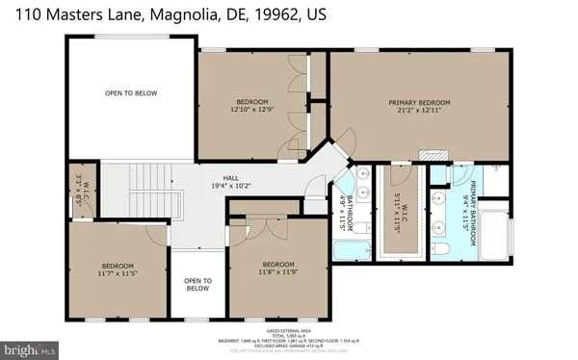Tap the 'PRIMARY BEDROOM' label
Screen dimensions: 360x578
tap(420, 102)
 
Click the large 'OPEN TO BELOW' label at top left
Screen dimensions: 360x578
tap(131, 93)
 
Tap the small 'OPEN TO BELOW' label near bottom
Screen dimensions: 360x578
tap(197, 284)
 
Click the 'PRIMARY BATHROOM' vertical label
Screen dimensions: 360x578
tap(474, 206)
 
